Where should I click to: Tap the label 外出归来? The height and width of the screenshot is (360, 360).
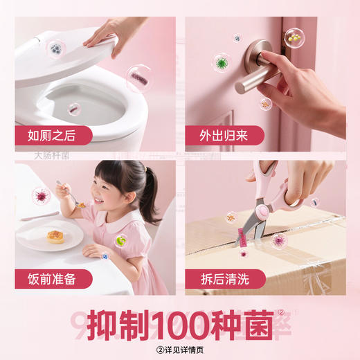pos(222,134)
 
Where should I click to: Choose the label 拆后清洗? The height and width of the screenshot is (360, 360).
pos(222,279)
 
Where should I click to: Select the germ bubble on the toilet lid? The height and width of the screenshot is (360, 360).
pos(55,48)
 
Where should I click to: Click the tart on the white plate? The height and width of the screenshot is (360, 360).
pos(55,237)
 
